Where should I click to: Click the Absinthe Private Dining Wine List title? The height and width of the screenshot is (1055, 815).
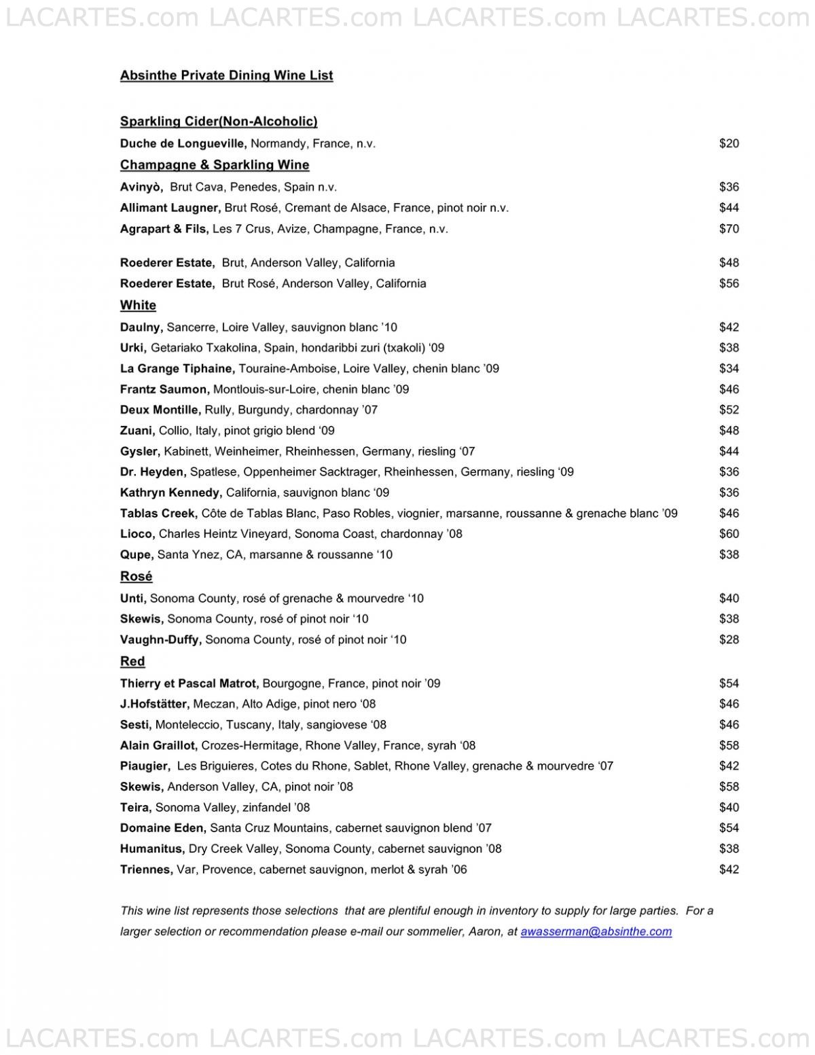pyautogui.click(x=226, y=75)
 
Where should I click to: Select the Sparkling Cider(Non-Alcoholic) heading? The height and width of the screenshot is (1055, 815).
pyautogui.click(x=219, y=122)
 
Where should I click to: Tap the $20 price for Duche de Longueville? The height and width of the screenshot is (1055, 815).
pyautogui.click(x=729, y=143)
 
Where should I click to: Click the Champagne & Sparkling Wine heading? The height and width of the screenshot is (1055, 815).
pyautogui.click(x=215, y=165)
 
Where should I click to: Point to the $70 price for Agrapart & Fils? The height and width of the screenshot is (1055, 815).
pyautogui.click(x=729, y=229)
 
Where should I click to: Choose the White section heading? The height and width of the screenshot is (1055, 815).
pyautogui.click(x=138, y=305)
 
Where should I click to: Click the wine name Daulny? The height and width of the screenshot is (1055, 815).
pyautogui.click(x=141, y=327)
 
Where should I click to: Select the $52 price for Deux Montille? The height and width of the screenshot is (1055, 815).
pyautogui.click(x=729, y=410)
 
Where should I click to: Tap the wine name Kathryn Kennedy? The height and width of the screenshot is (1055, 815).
pyautogui.click(x=170, y=493)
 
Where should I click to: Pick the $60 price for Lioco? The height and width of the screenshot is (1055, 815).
pyautogui.click(x=729, y=534)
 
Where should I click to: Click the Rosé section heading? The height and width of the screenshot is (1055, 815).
pyautogui.click(x=136, y=576)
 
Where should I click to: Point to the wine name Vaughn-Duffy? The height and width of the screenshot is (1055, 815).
pyautogui.click(x=160, y=639)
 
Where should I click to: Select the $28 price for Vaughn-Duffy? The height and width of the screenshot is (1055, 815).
pyautogui.click(x=729, y=639)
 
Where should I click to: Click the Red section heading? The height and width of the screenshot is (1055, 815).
pyautogui.click(x=132, y=661)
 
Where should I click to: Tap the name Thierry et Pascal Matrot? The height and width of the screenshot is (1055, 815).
pyautogui.click(x=189, y=683)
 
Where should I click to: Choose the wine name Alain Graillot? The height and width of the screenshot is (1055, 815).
pyautogui.click(x=158, y=745)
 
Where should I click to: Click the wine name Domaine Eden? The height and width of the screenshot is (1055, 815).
pyautogui.click(x=162, y=828)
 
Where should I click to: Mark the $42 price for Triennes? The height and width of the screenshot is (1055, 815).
pyautogui.click(x=729, y=870)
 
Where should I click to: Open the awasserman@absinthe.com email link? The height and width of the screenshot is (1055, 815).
pyautogui.click(x=596, y=931)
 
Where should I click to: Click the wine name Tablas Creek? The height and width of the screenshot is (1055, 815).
pyautogui.click(x=158, y=514)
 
